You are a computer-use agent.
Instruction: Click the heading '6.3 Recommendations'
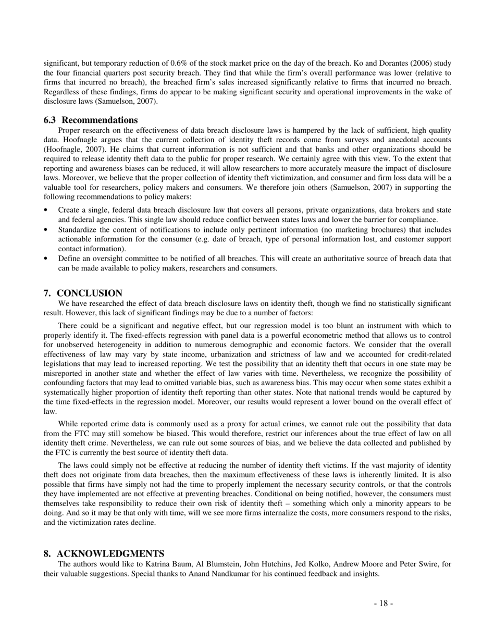[91, 120]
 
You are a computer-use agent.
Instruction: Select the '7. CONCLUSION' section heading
[83, 293]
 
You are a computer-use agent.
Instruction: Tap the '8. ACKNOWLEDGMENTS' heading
[104, 553]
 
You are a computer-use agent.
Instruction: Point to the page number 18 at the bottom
[383, 603]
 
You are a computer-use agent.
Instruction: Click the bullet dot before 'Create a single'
[47, 210]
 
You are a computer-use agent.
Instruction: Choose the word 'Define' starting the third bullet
[69, 258]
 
